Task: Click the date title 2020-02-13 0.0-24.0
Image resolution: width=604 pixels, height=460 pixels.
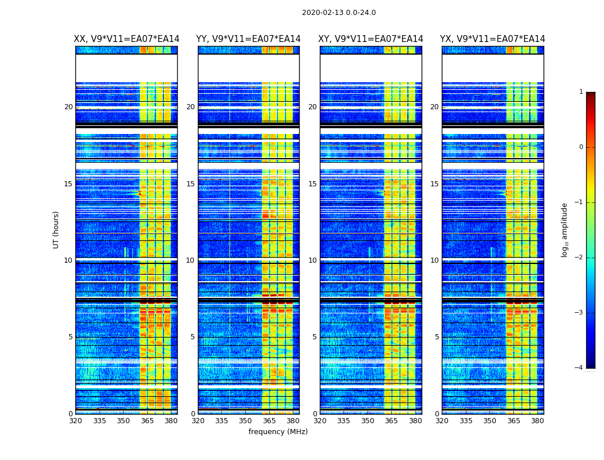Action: coord(339,13)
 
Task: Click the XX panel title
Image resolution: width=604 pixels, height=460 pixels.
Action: coord(127,39)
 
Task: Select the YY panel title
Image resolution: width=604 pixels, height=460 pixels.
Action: coord(249,39)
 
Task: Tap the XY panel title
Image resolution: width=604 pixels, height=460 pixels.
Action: coord(371,39)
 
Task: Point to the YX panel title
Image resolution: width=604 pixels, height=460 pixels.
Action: coord(492,39)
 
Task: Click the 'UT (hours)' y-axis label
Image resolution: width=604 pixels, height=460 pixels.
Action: coord(56,229)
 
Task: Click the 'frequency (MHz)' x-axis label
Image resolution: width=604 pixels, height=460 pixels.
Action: coord(278,432)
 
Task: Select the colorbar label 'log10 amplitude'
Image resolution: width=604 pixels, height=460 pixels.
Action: coord(565,229)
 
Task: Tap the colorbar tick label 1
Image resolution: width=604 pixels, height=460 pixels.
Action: coord(580,92)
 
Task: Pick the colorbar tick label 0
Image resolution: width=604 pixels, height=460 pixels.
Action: coord(580,147)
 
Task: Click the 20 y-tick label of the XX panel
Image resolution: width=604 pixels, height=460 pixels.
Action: coord(68,107)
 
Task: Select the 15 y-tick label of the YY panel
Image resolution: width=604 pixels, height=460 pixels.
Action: coord(190,184)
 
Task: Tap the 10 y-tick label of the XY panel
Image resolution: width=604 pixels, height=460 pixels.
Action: coord(312,260)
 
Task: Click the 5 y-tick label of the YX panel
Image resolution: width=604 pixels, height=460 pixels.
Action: coord(437,337)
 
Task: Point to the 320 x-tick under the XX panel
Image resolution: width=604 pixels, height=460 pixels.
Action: coord(75,421)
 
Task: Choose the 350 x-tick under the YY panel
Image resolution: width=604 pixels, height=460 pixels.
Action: coord(246,421)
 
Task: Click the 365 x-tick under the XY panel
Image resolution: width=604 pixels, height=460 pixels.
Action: coord(391,421)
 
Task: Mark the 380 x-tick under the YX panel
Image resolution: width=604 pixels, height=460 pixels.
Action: coord(537,421)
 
